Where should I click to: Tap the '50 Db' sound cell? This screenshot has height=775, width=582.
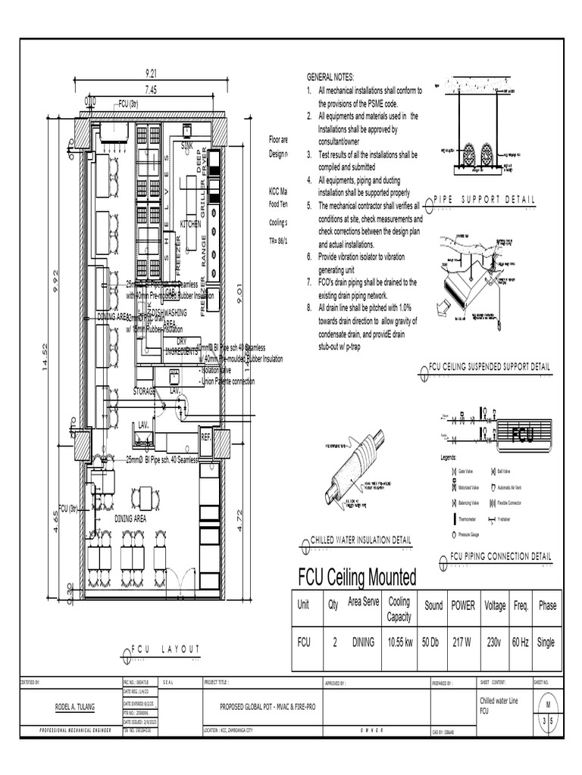point(433,642)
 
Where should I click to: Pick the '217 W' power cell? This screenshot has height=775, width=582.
point(463,642)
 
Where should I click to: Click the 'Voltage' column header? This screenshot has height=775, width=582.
point(495,606)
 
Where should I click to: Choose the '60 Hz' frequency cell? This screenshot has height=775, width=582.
point(521,642)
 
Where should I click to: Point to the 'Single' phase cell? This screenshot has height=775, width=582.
point(546,642)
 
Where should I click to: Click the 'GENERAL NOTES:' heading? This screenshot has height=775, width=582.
point(330,78)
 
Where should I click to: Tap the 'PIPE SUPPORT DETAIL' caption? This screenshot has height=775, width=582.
point(483,199)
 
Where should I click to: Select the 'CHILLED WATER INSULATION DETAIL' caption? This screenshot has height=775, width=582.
point(361,540)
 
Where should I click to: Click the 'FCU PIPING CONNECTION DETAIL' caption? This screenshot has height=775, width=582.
point(500,556)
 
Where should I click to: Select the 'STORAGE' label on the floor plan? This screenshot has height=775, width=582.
point(145,391)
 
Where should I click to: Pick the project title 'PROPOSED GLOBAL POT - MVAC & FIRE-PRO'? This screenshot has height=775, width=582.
point(283,705)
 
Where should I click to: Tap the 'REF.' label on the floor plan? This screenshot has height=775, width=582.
point(205,437)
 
